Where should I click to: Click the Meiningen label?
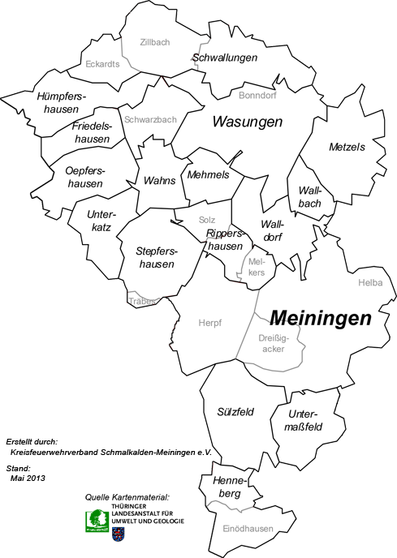(x=320, y=317)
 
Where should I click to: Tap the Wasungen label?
(x=247, y=122)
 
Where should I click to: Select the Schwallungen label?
(x=225, y=58)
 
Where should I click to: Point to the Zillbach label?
(x=154, y=42)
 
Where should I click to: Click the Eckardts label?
(x=103, y=63)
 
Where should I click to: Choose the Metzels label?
(x=347, y=147)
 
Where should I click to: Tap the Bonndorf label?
(x=258, y=95)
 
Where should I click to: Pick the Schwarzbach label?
(x=150, y=119)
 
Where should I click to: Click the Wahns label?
(x=158, y=180)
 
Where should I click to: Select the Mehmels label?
(x=208, y=174)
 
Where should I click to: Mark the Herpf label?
(x=209, y=322)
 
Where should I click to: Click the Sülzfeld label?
(x=235, y=412)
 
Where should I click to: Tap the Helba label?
(x=369, y=282)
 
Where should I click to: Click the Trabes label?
(x=142, y=300)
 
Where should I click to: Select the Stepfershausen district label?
(x=157, y=258)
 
